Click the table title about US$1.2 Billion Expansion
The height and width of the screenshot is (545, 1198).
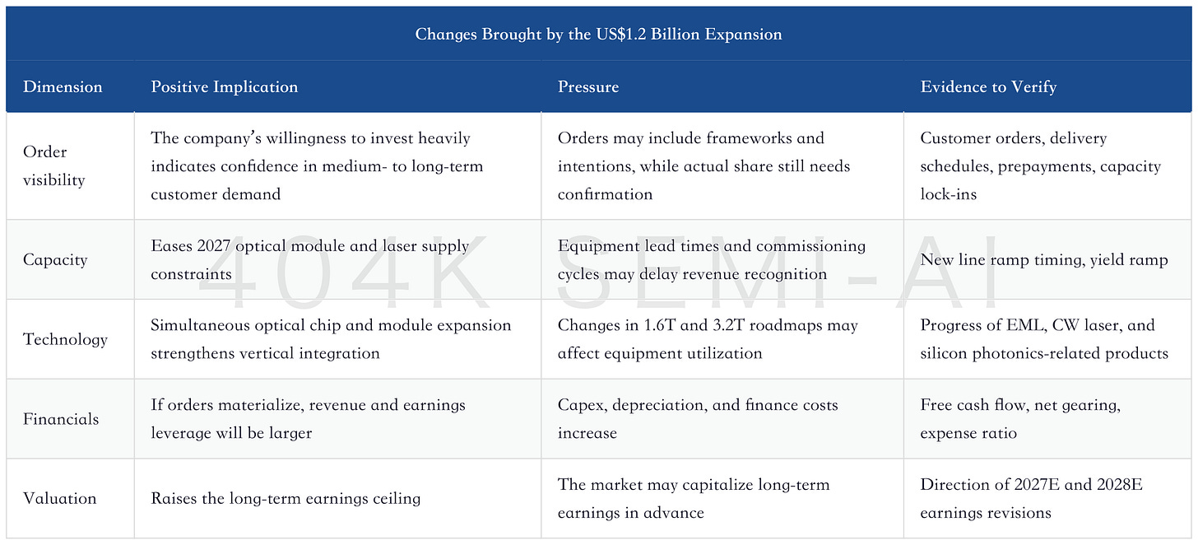[598, 34]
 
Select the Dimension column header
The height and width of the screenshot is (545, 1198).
[63, 86]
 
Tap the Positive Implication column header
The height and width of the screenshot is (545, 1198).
[224, 86]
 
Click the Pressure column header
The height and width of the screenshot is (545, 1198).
[588, 86]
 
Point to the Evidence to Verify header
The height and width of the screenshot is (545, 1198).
[988, 86]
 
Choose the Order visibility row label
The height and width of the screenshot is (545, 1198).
[54, 165]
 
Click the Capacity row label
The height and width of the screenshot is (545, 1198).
[55, 259]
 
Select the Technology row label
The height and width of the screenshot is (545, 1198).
[65, 339]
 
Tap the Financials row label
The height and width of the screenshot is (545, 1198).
[61, 419]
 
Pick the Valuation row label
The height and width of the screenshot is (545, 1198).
[60, 498]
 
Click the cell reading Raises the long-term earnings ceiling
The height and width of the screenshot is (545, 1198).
[286, 498]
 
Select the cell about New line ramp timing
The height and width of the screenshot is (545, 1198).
[1043, 259]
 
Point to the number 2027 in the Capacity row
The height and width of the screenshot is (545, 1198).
[213, 245]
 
